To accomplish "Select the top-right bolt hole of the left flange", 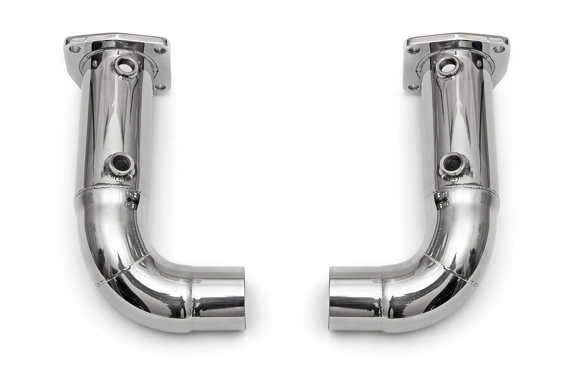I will pyautogui.click(x=160, y=50).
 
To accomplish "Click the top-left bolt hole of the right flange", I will pyautogui.click(x=414, y=50).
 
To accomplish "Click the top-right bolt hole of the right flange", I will pyautogui.click(x=499, y=48).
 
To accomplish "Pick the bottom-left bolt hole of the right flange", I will pyautogui.click(x=413, y=87).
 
